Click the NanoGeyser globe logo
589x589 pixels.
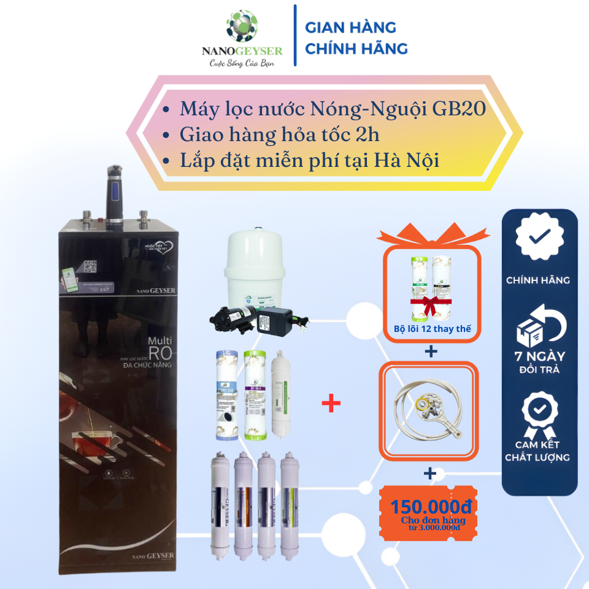coord(242,26)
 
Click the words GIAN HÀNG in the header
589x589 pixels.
coord(350,28)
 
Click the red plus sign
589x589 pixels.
coord(331,404)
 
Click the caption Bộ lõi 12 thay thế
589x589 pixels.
coord(432,329)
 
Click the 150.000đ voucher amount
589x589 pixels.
coord(432,507)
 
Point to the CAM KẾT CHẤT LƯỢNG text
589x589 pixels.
coord(537,450)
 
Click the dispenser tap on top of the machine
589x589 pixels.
coord(115,190)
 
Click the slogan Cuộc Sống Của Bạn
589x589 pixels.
coord(241,63)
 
